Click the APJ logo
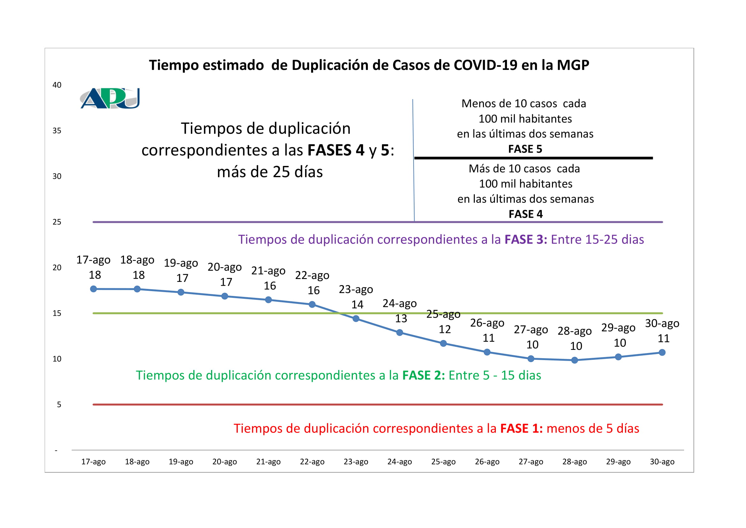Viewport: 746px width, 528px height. point(110,98)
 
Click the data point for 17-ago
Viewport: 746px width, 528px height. point(93,289)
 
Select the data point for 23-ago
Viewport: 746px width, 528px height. point(356,319)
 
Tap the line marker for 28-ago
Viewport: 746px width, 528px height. point(574,360)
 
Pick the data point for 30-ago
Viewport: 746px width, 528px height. point(662,352)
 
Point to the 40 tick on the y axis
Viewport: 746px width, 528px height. point(57,85)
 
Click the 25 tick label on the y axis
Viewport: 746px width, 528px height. point(57,222)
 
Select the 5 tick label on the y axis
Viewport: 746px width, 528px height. point(59,404)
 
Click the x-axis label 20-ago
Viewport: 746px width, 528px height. point(225,462)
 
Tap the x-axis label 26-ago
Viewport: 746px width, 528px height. point(487,462)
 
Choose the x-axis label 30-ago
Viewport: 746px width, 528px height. point(662,462)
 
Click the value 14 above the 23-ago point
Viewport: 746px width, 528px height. point(357,305)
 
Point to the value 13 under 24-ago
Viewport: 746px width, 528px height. point(401,319)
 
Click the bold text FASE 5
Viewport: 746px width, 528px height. point(525,149)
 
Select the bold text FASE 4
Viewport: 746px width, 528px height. point(526,214)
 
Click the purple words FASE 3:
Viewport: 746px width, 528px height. point(526,240)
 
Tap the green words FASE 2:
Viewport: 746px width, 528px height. point(423,375)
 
